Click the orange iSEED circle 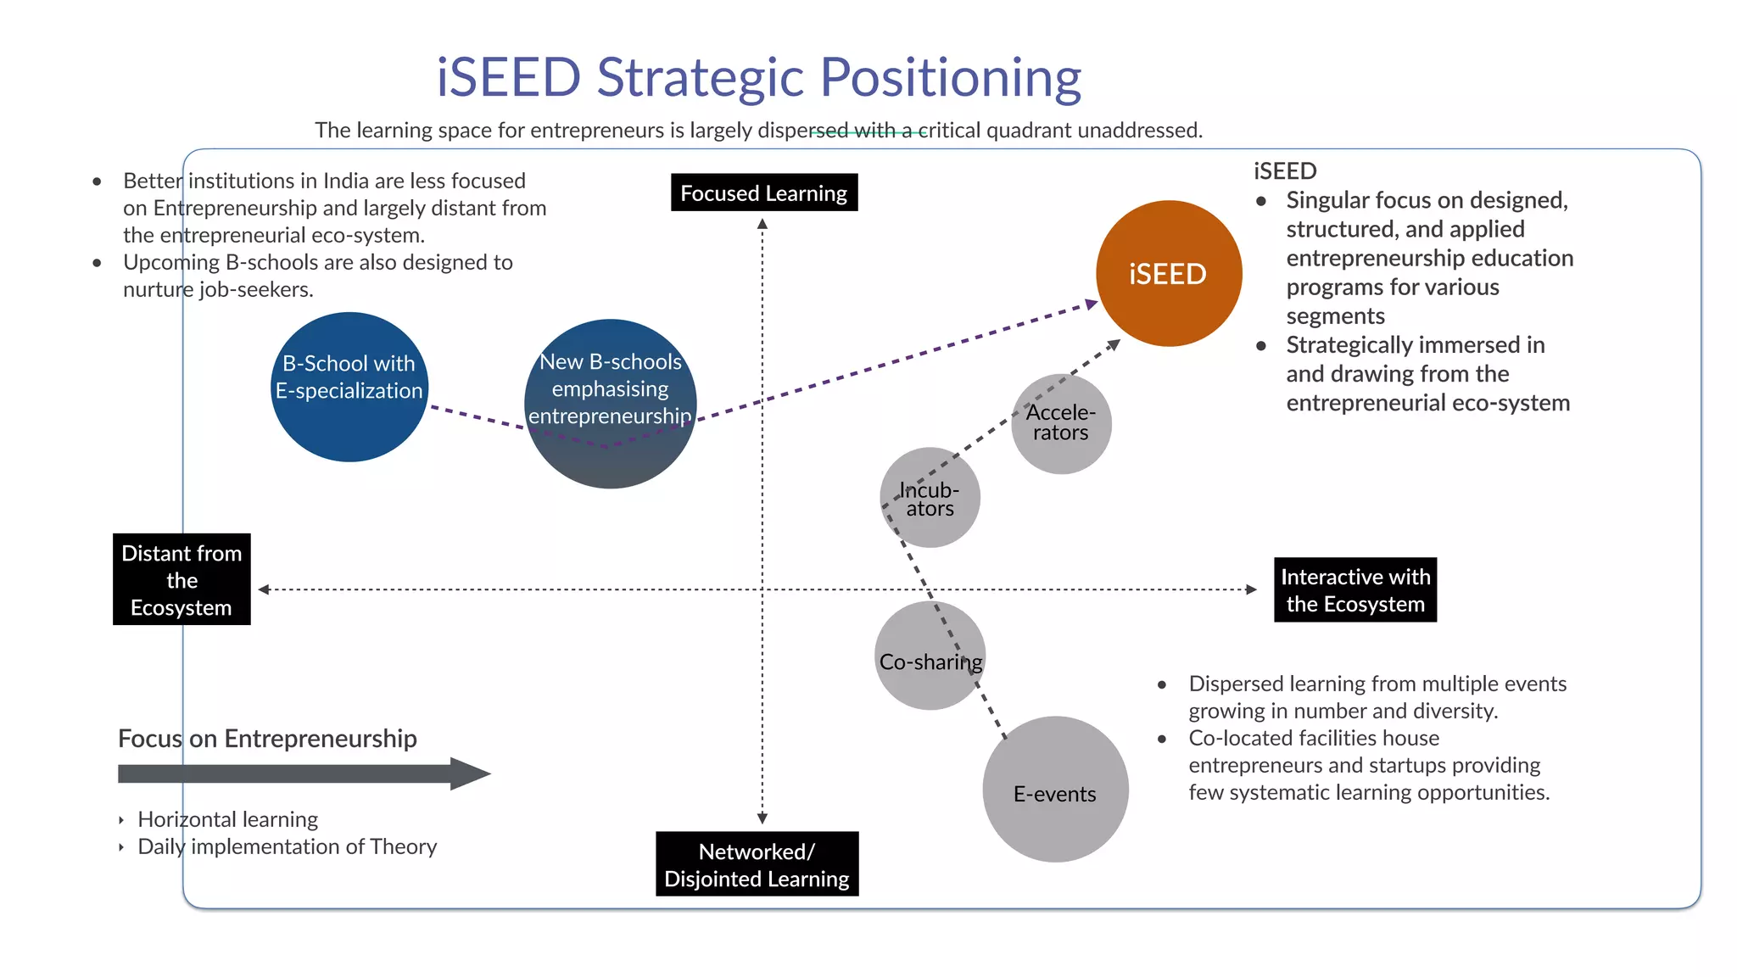[1169, 273]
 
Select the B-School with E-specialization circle [349, 386]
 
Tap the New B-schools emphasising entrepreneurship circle [610, 404]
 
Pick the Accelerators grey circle [1061, 423]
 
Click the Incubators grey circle [930, 498]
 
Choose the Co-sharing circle [930, 656]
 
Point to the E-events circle [1055, 790]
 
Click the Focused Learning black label [763, 193]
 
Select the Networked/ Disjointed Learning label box [757, 863]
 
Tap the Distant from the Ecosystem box [182, 579]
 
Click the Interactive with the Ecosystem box [1354, 589]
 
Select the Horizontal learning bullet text [227, 819]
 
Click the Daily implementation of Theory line [287, 846]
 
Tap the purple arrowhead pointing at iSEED [1092, 304]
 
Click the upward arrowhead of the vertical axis [762, 224]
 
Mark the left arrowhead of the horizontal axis [264, 589]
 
